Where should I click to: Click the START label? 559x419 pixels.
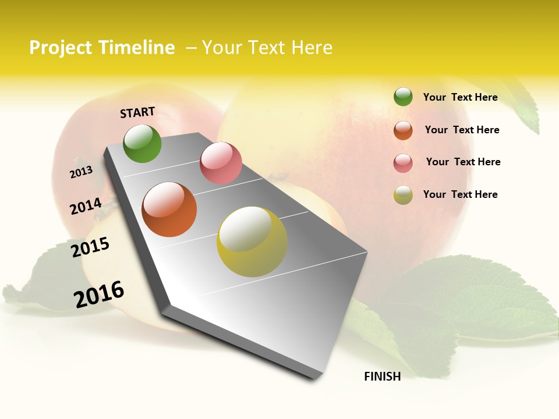[x=137, y=112]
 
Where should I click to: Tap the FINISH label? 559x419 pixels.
[x=383, y=377]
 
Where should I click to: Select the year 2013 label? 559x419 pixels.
[x=81, y=172]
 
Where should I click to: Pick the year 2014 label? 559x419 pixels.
[x=86, y=206]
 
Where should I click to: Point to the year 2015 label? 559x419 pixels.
[x=90, y=247]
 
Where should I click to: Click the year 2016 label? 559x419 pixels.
[x=99, y=294]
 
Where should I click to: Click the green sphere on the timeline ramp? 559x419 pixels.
[x=142, y=144]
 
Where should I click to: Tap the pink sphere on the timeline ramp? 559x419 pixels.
[x=221, y=163]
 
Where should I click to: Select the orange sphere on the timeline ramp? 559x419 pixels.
[x=169, y=210]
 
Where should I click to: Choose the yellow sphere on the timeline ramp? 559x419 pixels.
[x=252, y=242]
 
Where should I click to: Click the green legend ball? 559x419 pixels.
[x=403, y=97]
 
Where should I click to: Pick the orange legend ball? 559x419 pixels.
[x=403, y=130]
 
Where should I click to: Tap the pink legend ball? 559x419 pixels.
[x=403, y=163]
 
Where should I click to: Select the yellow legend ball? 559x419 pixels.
[x=403, y=195]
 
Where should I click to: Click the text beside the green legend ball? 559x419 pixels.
[x=460, y=97]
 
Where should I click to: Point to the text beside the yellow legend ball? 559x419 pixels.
[x=460, y=194]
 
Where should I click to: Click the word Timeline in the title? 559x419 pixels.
[x=136, y=48]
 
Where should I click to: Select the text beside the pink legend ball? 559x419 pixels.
[x=463, y=162]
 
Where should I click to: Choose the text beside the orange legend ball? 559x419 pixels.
[x=462, y=130]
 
